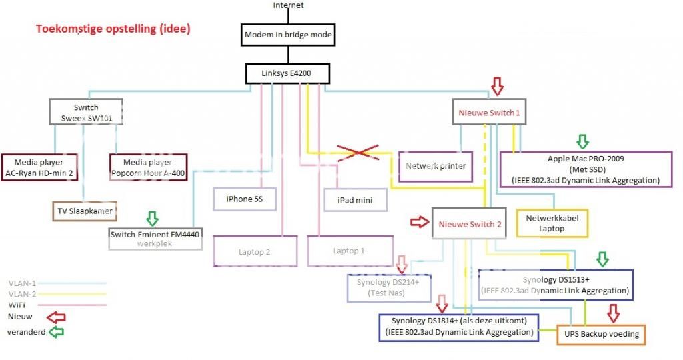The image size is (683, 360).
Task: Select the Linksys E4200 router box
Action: (x=287, y=73)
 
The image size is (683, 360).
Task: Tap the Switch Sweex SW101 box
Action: (x=86, y=112)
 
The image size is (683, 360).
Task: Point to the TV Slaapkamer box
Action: (x=84, y=211)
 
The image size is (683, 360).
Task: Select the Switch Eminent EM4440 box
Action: (x=155, y=239)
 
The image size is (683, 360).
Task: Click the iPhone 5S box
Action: (x=244, y=199)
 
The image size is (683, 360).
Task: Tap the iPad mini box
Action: (x=356, y=199)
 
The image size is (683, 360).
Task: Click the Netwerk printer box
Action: (x=435, y=166)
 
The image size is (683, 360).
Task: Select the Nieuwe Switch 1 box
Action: (x=489, y=113)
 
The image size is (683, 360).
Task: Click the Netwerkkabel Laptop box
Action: (x=552, y=223)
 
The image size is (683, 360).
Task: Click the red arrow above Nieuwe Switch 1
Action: (x=496, y=86)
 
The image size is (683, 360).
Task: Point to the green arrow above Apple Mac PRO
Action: (x=583, y=141)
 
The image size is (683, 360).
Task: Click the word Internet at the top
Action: (x=288, y=5)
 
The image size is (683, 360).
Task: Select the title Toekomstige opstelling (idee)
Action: (x=113, y=29)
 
